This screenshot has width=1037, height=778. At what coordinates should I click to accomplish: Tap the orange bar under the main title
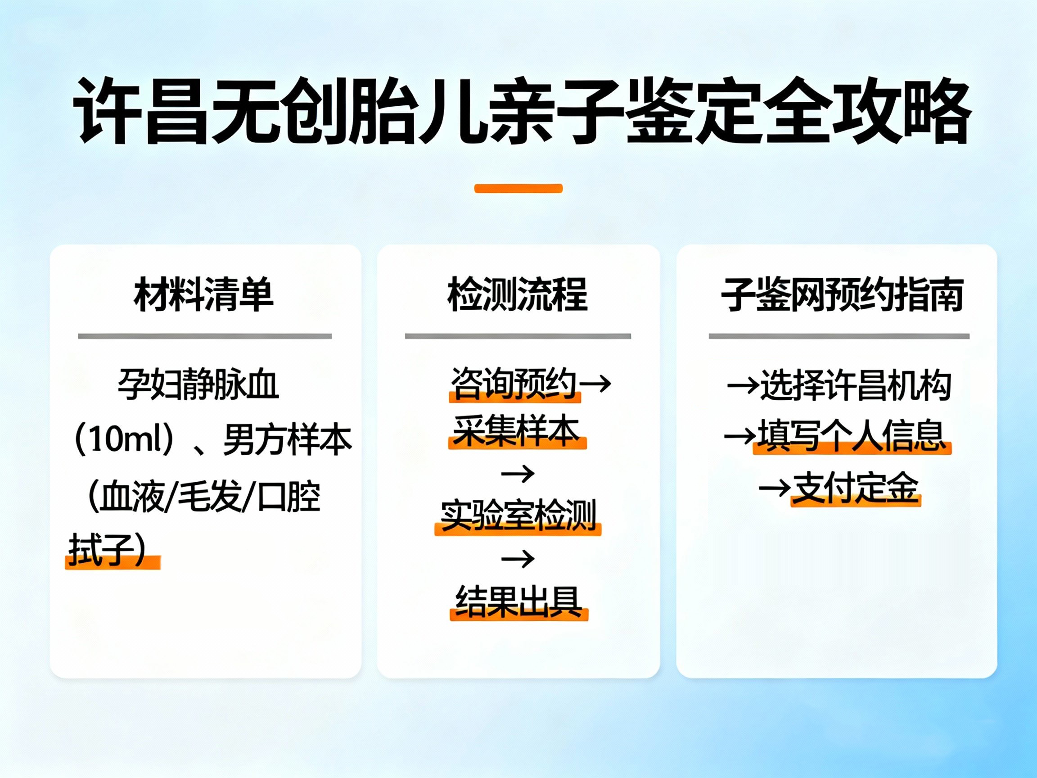518,189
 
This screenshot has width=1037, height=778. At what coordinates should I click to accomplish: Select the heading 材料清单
203,294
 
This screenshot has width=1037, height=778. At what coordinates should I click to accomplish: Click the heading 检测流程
518,294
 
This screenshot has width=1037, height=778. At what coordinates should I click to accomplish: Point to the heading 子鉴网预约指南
842,294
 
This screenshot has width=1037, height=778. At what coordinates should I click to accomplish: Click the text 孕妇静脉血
198,384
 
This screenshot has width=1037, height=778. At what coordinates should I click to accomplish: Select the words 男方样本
287,440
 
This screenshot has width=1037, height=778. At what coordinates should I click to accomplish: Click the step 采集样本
516,431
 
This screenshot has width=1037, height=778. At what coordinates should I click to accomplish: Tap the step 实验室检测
518,516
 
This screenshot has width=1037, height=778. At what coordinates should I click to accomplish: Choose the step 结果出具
518,602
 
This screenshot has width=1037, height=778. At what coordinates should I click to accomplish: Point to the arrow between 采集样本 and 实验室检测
518,474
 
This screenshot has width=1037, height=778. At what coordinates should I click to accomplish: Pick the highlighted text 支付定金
855,488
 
